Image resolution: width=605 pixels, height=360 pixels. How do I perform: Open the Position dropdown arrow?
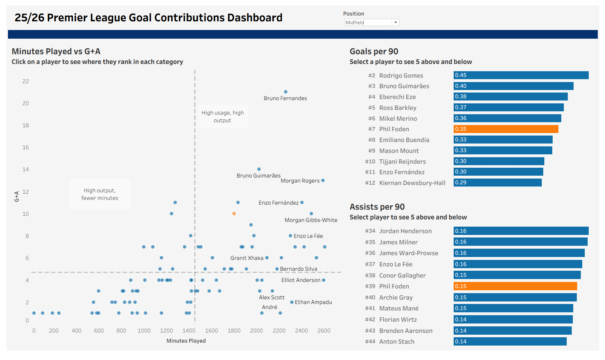click(x=396, y=22)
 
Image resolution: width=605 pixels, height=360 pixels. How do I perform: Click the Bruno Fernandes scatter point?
click(x=286, y=92)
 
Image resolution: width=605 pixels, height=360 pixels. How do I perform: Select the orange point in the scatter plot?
click(x=234, y=214)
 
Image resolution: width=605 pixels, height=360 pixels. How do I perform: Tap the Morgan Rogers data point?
click(x=323, y=180)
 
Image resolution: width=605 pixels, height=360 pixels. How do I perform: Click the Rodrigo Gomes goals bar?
click(x=521, y=75)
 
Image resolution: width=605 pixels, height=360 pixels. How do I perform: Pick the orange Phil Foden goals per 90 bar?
click(x=506, y=129)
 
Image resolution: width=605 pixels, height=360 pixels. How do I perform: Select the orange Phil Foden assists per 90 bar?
click(x=515, y=286)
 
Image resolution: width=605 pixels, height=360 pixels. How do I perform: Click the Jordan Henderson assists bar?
click(x=521, y=231)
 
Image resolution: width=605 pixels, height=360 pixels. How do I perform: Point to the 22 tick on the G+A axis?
click(x=26, y=81)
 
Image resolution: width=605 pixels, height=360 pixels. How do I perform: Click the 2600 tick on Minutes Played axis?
click(x=324, y=331)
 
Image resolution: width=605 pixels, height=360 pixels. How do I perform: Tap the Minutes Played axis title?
click(x=186, y=341)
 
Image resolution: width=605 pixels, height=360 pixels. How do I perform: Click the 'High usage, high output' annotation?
click(x=222, y=116)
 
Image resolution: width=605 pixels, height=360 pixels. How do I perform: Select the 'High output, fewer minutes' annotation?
click(x=100, y=194)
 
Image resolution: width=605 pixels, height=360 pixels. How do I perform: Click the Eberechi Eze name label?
click(x=397, y=97)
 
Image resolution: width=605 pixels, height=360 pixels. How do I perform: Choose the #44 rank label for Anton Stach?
click(x=370, y=342)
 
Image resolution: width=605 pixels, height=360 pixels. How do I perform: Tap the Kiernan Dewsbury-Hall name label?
click(x=412, y=183)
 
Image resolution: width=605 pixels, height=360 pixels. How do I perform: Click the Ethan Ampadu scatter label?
click(x=313, y=302)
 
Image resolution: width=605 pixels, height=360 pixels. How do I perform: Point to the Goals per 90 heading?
click(x=374, y=51)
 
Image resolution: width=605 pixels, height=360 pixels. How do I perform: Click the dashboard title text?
click(x=148, y=18)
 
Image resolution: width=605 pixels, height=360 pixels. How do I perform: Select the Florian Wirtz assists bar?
click(x=513, y=320)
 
